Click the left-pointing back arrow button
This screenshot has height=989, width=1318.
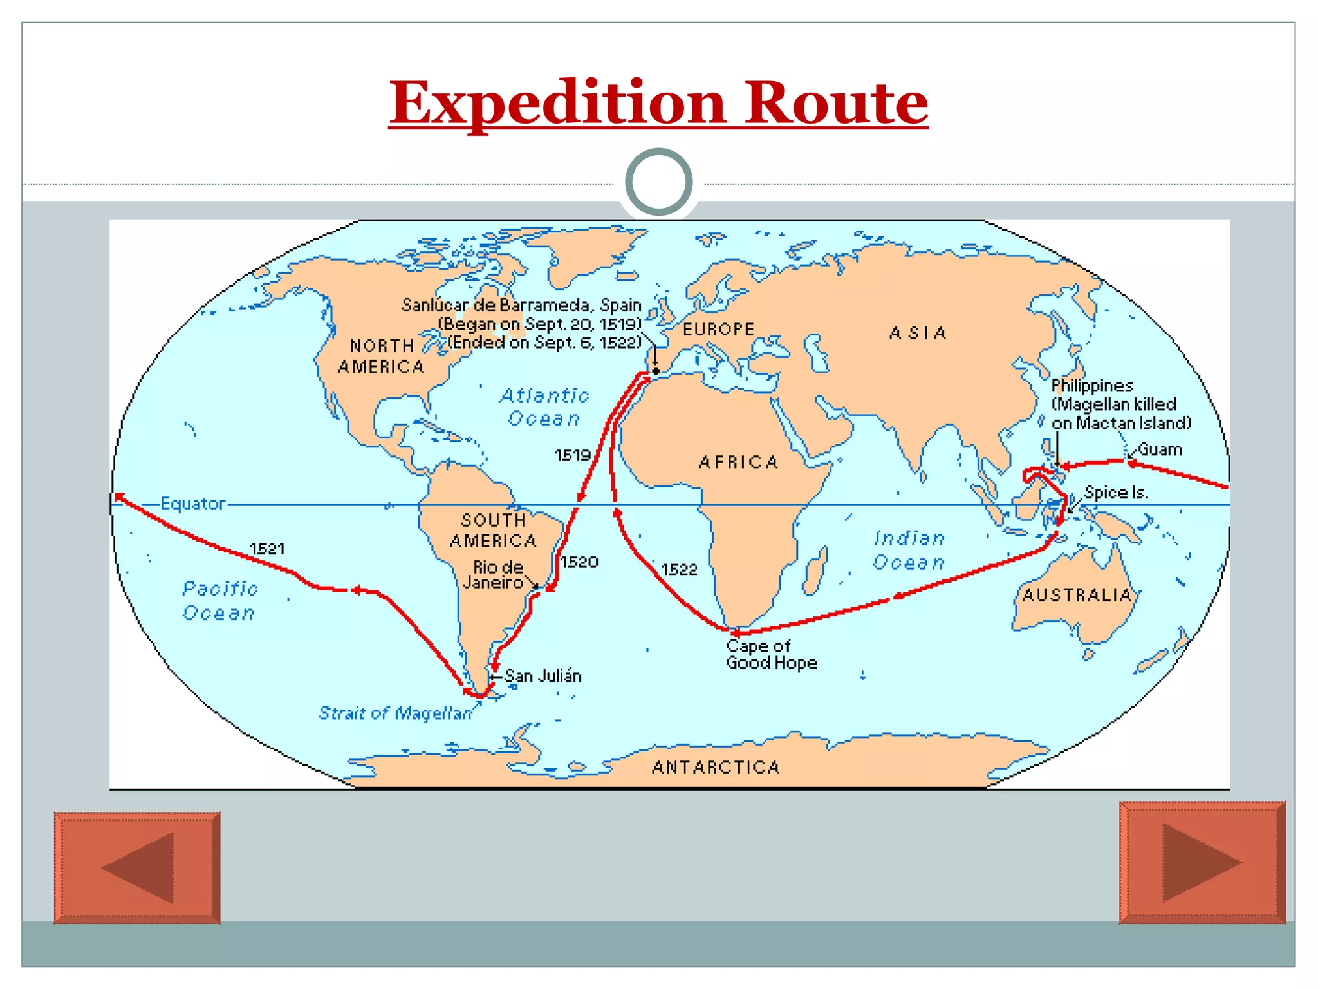137,867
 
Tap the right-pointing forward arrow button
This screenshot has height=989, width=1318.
1202,862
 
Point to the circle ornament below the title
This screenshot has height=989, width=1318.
658,182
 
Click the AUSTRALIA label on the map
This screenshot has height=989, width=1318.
1077,595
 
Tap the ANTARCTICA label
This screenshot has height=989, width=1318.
716,768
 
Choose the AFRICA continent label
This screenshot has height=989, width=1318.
739,462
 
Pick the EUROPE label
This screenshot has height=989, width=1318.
718,330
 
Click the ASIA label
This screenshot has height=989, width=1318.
918,334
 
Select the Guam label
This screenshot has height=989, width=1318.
1160,449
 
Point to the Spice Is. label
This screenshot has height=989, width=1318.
1116,493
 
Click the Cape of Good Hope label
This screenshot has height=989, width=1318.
771,654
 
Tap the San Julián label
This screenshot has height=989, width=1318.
543,676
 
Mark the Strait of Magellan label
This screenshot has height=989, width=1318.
396,713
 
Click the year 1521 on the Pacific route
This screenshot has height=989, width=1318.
267,549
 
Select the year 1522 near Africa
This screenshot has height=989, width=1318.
679,570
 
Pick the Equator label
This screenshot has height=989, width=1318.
193,504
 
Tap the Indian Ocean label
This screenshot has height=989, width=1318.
909,551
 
